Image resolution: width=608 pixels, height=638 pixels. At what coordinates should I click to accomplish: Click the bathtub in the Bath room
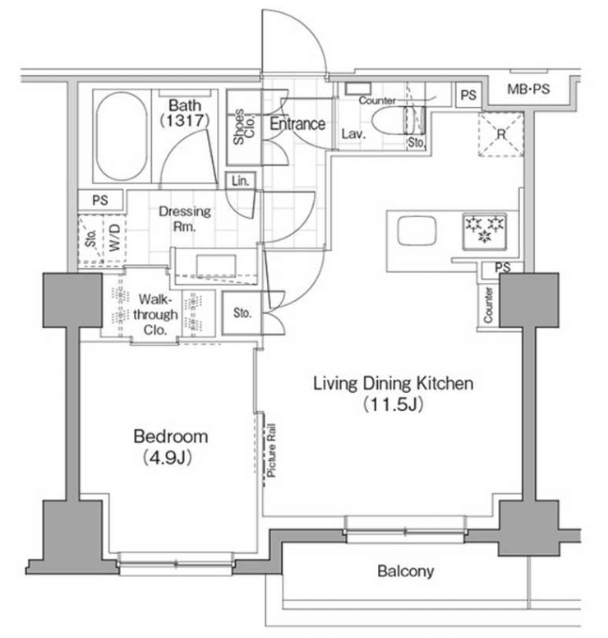[x=122, y=136]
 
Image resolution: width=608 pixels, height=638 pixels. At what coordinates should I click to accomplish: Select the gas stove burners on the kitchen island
[x=485, y=230]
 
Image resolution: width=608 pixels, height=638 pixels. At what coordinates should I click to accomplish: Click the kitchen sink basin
[x=417, y=231]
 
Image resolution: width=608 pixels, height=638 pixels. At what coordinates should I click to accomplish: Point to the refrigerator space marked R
[x=501, y=134]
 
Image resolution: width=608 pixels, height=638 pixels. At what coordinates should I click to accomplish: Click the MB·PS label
[x=528, y=89]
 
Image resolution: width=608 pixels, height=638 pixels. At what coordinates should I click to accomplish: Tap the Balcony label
[x=405, y=571]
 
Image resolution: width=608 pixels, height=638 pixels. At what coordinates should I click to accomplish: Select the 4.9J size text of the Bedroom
[x=167, y=458]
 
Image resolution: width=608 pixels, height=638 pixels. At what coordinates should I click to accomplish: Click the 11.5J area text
[x=393, y=405]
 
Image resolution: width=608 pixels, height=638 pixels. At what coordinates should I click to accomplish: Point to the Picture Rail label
[x=271, y=450]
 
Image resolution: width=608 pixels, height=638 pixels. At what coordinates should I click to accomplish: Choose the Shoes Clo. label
[x=243, y=127]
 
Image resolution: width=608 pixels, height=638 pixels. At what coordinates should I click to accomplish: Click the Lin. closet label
[x=241, y=181]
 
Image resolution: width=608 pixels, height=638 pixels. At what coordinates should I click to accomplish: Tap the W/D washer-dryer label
[x=114, y=238]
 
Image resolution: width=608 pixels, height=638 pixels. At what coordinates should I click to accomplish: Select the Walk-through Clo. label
[x=155, y=314]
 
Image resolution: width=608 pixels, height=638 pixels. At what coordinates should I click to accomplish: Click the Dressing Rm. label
[x=185, y=219]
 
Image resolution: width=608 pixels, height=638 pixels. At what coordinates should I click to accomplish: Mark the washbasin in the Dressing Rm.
[x=216, y=266]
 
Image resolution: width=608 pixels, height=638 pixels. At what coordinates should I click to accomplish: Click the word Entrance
[x=297, y=123]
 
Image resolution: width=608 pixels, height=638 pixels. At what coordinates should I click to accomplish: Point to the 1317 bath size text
[x=185, y=120]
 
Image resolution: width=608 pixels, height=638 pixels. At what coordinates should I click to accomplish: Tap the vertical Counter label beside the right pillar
[x=488, y=305]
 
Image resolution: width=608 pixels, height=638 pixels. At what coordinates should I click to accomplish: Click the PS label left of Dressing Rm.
[x=100, y=200]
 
